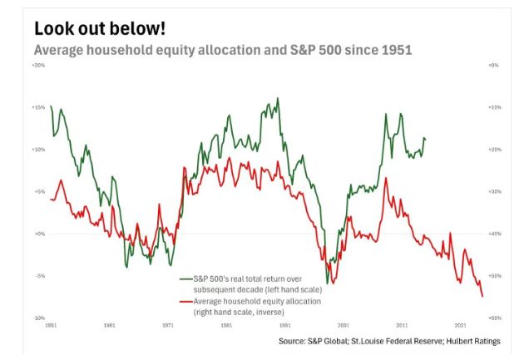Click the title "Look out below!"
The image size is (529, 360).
click(x=99, y=27)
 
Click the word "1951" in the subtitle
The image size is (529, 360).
click(x=396, y=50)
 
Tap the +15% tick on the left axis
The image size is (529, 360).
click(x=38, y=107)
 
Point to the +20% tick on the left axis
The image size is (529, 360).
click(x=38, y=65)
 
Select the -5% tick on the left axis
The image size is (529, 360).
click(x=39, y=276)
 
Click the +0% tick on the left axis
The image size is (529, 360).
click(x=39, y=234)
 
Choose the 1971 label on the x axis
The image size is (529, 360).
click(x=167, y=325)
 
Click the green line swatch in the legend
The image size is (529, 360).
click(x=185, y=277)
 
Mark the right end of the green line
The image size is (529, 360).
click(x=425, y=139)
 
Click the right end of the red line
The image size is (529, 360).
click(x=482, y=296)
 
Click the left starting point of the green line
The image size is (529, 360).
click(x=51, y=106)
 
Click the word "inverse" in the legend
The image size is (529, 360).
click(x=268, y=312)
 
